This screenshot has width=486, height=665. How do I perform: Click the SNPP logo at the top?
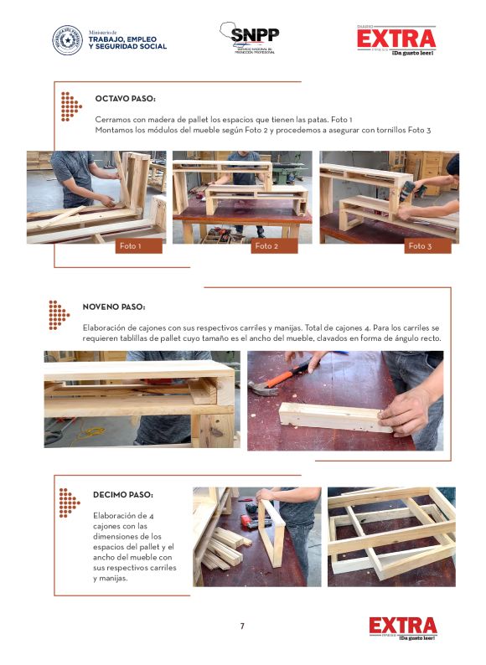pyautogui.click(x=249, y=38)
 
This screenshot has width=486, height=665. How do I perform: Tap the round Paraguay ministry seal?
pyautogui.click(x=68, y=40)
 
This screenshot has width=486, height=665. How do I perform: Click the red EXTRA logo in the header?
pyautogui.click(x=396, y=40)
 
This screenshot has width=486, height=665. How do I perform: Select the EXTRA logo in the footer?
pyautogui.click(x=403, y=628)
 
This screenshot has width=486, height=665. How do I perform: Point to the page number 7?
pyautogui.click(x=242, y=626)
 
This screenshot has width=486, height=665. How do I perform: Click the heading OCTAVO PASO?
pyautogui.click(x=125, y=99)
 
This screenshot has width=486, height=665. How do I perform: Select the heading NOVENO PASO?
pyautogui.click(x=114, y=307)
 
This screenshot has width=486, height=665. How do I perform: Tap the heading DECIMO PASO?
pyautogui.click(x=123, y=494)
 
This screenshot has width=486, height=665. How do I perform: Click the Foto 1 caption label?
pyautogui.click(x=139, y=246)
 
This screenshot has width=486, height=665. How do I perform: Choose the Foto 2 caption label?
pyautogui.click(x=274, y=246)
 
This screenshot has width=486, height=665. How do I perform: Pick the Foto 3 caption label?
pyautogui.click(x=427, y=246)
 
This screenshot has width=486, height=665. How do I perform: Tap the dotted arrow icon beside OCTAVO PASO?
pyautogui.click(x=71, y=106)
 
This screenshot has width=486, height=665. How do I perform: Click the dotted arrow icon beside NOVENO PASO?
pyautogui.click(x=59, y=315)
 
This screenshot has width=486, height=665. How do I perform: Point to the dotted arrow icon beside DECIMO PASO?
pyautogui.click(x=70, y=503)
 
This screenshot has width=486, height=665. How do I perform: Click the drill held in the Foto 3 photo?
pyautogui.click(x=411, y=190)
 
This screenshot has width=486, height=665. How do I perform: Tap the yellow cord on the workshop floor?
pyautogui.click(x=89, y=433)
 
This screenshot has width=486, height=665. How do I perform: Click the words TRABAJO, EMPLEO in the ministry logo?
pyautogui.click(x=122, y=39)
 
